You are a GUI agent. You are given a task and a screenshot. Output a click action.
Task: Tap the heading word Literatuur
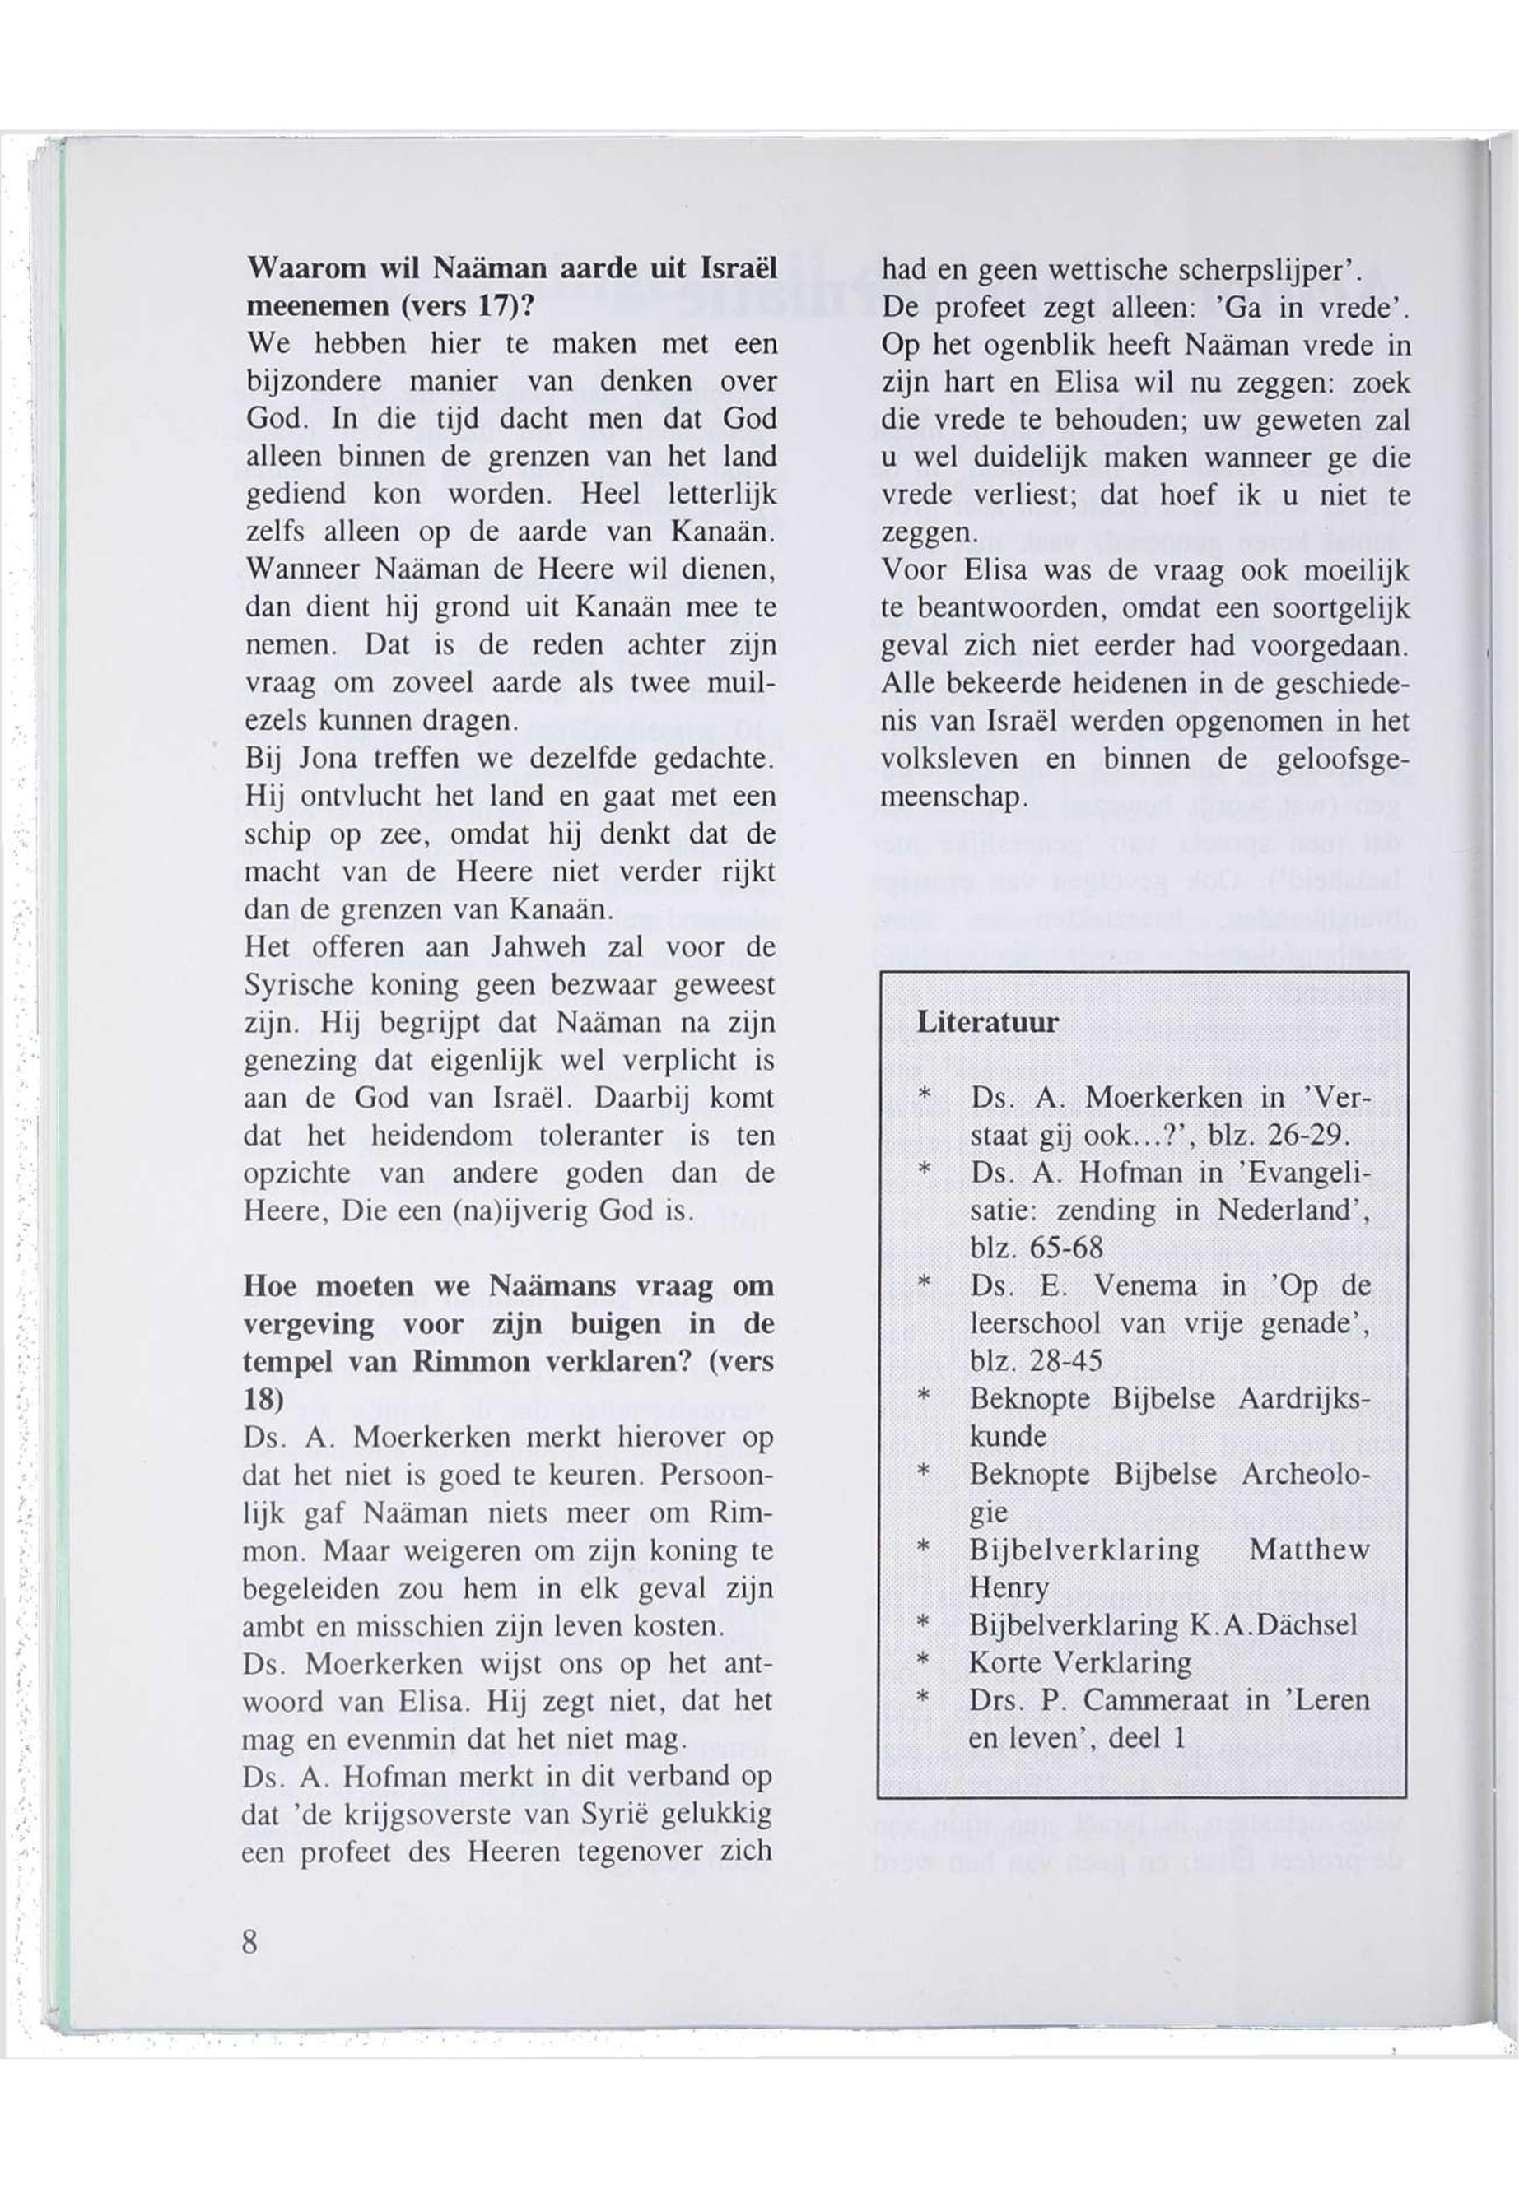point(987,1023)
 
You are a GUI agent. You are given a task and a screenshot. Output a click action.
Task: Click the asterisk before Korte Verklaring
point(921,1662)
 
